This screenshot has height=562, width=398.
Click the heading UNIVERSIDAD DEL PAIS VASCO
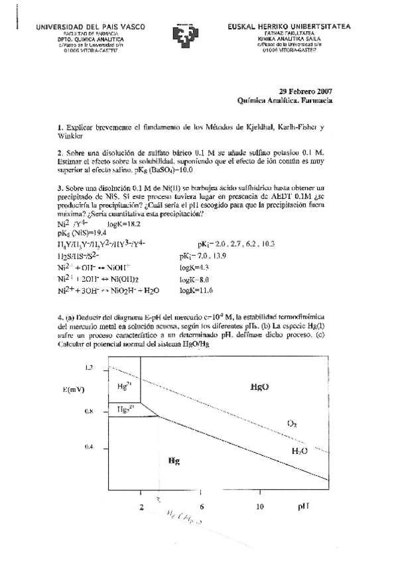90,27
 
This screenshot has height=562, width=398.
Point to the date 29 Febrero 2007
305,92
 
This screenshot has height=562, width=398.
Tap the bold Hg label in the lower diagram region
174,459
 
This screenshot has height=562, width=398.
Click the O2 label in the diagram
292,423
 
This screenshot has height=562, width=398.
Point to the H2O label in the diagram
300,451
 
